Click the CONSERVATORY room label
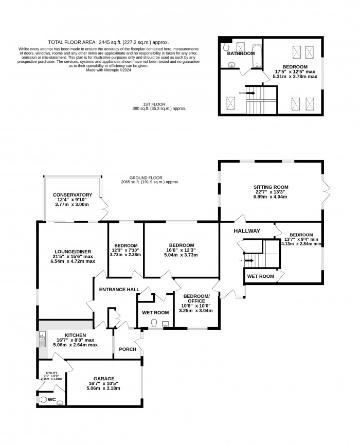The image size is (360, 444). pos(73,195)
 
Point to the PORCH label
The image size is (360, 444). pos(128,349)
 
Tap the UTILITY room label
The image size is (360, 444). pos(51,372)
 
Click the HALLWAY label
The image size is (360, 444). pos(247,231)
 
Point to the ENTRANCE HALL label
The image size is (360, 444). pos(119,290)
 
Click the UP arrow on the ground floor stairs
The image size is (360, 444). pos(249,261)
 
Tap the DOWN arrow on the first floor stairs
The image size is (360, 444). pos(251,93)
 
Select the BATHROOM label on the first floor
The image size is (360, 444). pos(241,54)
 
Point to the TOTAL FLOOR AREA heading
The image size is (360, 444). pos(108,42)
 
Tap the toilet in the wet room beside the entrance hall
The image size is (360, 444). pos(154,323)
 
